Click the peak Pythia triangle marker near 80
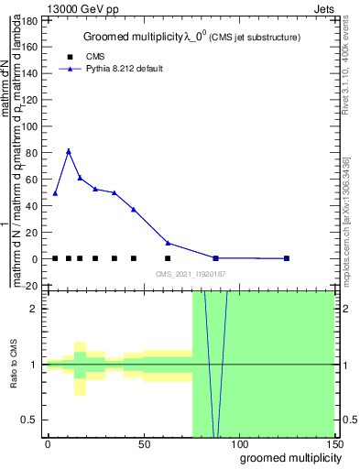(69, 151)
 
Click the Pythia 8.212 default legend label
(117, 69)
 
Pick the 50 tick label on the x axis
(143, 442)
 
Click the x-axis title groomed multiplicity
(287, 457)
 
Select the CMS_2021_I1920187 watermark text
(190, 274)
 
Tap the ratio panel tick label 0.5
(30, 420)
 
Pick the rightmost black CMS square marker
(287, 258)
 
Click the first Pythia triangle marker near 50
(55, 193)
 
